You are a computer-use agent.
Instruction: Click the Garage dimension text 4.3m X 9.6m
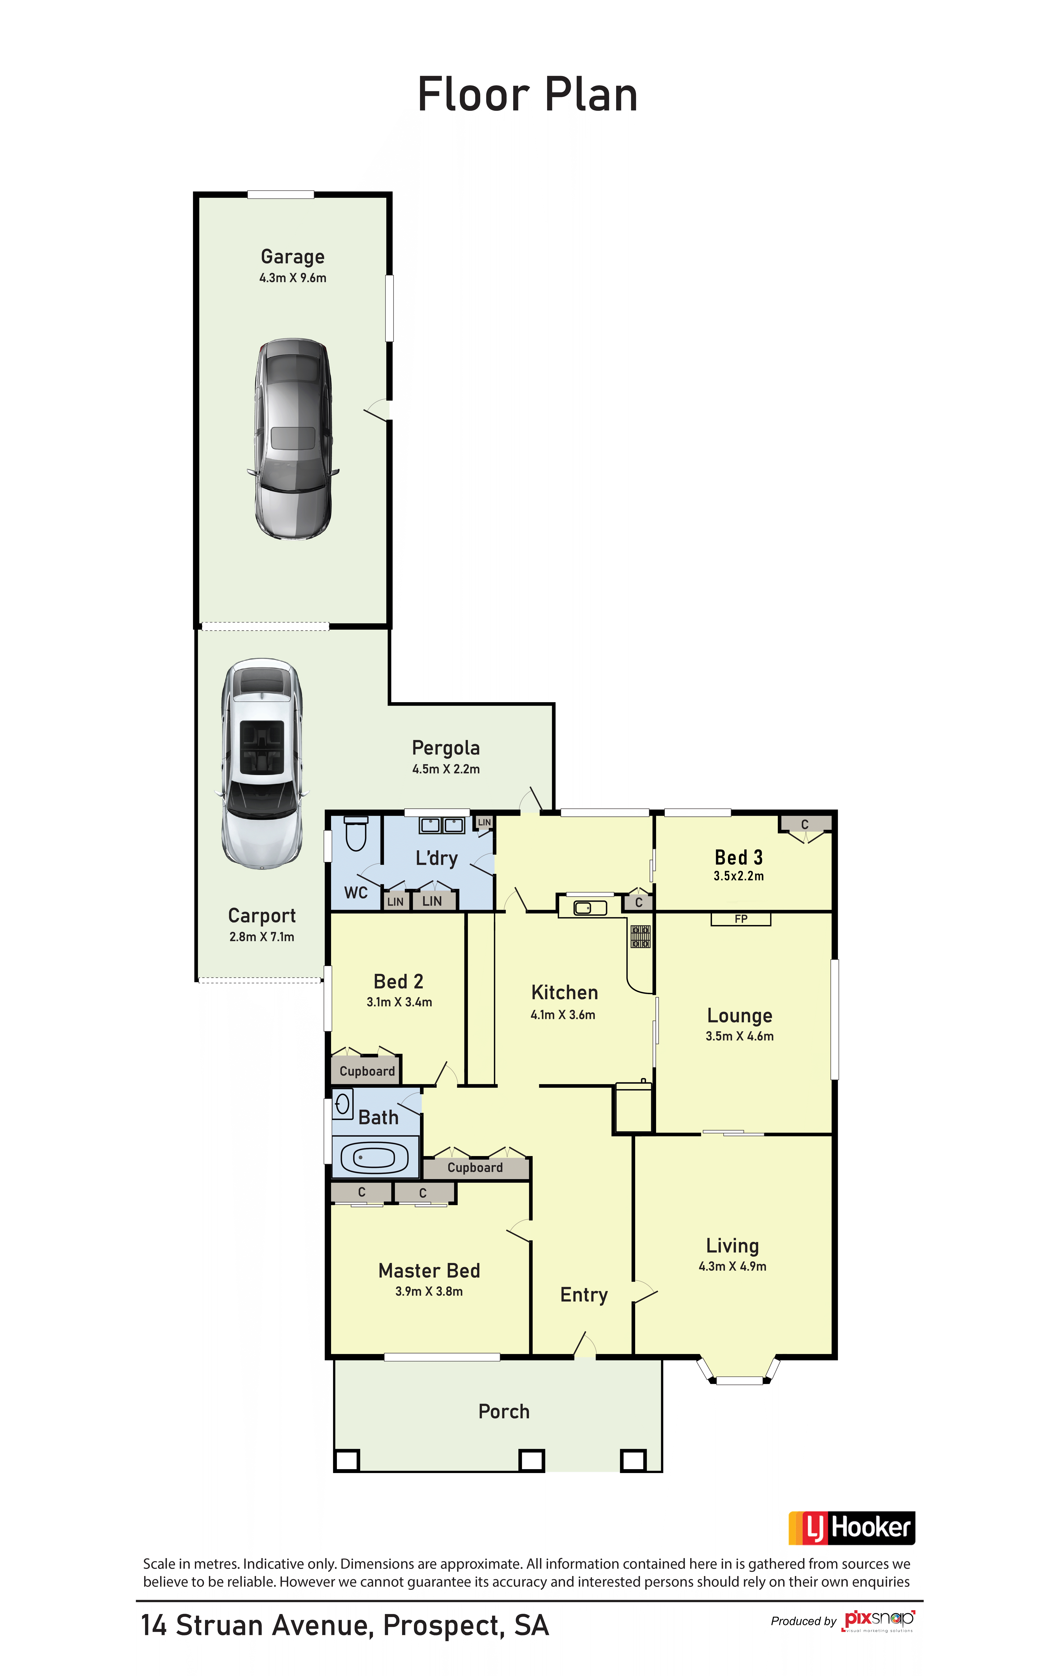click(293, 278)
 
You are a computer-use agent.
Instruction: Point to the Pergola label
click(446, 748)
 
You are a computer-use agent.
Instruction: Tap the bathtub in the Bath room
click(374, 1158)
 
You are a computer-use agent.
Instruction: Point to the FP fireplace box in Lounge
click(741, 919)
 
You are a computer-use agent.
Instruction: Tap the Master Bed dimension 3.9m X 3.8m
click(429, 1291)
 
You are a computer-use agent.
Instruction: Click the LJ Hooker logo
click(852, 1528)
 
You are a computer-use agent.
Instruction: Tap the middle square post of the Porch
click(532, 1460)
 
